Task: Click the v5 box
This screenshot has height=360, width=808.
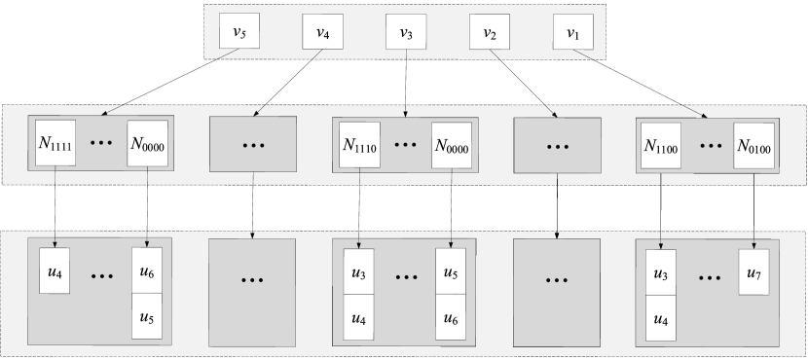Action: [x=239, y=32]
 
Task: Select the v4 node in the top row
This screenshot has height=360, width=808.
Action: [x=322, y=32]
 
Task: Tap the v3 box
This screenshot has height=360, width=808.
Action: [x=406, y=32]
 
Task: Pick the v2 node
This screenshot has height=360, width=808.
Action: [x=490, y=32]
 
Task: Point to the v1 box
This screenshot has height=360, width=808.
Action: [x=572, y=32]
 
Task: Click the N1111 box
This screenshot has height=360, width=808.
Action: [x=55, y=144]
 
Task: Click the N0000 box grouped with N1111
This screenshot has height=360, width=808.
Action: [x=147, y=144]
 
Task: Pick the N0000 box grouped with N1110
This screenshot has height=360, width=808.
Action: [x=452, y=144]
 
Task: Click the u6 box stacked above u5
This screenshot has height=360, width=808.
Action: [x=147, y=270]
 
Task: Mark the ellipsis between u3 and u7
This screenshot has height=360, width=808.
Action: [x=710, y=276]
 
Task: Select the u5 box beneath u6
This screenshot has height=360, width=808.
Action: [x=147, y=316]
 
